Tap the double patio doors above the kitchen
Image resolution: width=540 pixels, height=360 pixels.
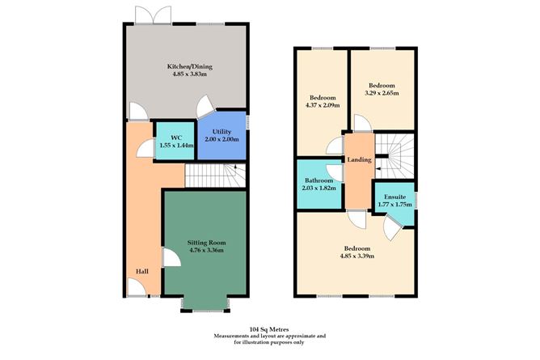point(152,14)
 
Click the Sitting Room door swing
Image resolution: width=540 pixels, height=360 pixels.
point(171,257)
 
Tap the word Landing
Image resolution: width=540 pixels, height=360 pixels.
point(359,159)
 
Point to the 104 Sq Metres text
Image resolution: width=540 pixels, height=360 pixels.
point(269,328)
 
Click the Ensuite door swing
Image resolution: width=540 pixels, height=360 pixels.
point(391,231)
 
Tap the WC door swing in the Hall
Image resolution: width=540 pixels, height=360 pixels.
point(145,146)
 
